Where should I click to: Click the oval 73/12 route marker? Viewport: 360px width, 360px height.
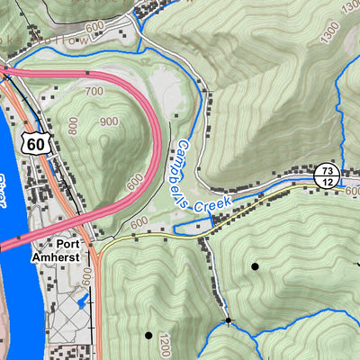click(x=325, y=175)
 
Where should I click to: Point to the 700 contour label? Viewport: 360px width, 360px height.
click(x=93, y=92)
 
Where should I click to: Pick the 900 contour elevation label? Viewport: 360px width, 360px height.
click(x=110, y=121)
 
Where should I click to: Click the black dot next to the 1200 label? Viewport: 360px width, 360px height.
click(x=148, y=336)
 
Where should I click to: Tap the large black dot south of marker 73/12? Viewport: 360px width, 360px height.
click(x=255, y=266)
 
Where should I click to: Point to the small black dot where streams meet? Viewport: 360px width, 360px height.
click(x=229, y=320)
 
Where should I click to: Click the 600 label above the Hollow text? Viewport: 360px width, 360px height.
click(x=95, y=25)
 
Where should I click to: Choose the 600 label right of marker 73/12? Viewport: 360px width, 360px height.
click(x=352, y=191)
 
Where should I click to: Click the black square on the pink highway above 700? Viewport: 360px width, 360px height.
click(x=87, y=72)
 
